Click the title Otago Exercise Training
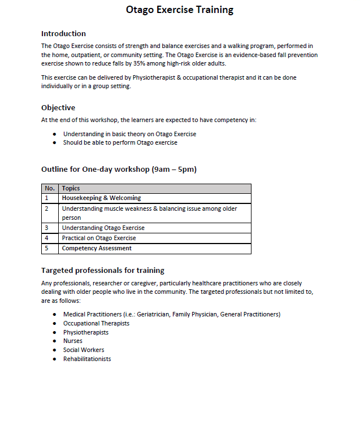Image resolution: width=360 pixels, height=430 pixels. (x=179, y=10)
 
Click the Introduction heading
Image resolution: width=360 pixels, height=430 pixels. (x=63, y=33)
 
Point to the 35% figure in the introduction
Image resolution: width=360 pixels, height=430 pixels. (x=139, y=63)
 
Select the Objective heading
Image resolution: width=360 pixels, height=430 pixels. (x=58, y=107)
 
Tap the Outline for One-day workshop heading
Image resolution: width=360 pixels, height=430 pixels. (x=119, y=170)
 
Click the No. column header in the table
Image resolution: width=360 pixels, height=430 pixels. (x=50, y=189)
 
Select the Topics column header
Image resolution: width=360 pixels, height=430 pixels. (x=71, y=189)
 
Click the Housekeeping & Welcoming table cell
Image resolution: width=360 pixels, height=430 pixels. (x=101, y=198)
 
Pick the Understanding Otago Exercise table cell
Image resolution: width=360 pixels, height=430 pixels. (x=103, y=228)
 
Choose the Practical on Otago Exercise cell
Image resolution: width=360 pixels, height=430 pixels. (x=99, y=238)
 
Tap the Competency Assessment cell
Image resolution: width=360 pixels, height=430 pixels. (x=97, y=249)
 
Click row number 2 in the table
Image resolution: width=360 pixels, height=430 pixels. (x=47, y=209)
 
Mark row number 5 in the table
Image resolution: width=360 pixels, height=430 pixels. (x=47, y=249)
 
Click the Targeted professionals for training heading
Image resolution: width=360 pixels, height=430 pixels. (x=103, y=270)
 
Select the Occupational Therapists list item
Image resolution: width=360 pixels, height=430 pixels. (x=96, y=323)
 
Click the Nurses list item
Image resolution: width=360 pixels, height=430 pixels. (x=73, y=341)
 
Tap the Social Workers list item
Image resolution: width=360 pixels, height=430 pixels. (x=84, y=350)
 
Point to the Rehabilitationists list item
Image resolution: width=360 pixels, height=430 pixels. (x=87, y=359)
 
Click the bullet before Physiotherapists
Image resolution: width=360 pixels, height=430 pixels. (x=54, y=332)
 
